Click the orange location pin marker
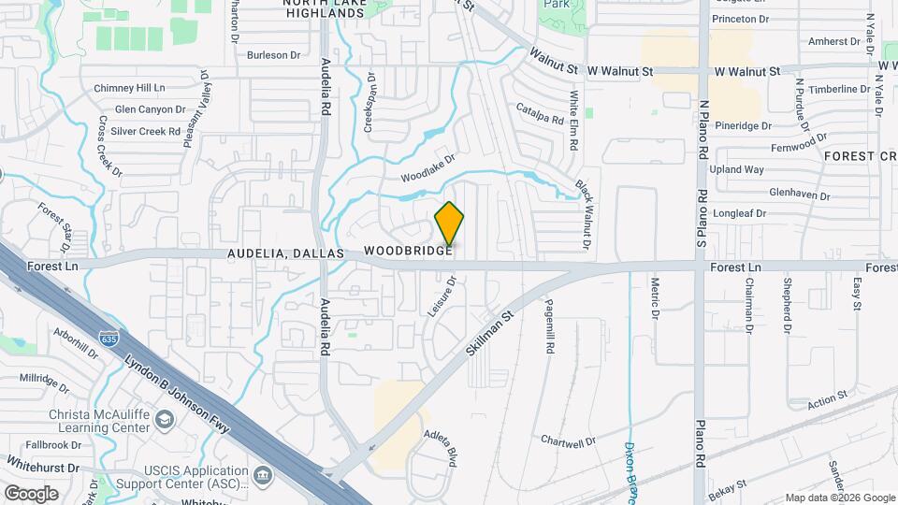[449, 224]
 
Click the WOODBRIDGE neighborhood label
[409, 252]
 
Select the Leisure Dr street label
[442, 296]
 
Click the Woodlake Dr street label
[427, 168]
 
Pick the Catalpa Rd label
[540, 113]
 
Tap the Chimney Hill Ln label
[129, 88]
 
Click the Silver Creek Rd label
[145, 132]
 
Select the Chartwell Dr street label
[568, 440]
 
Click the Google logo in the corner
[31, 493]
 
